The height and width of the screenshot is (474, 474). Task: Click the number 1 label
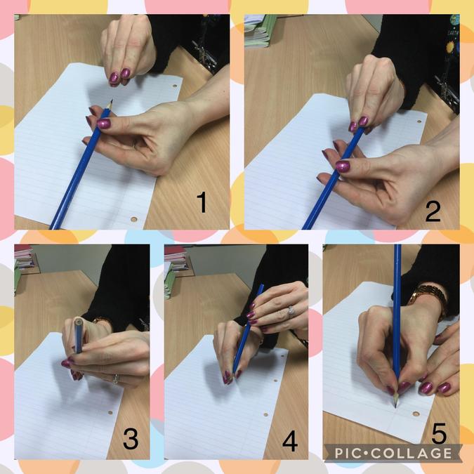pos(202,202)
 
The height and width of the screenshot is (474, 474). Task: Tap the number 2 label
pos(433,212)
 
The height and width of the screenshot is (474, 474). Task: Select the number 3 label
pos(131,439)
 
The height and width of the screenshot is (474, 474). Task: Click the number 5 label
pos(439,433)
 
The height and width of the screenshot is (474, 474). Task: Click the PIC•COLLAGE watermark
pos(393,454)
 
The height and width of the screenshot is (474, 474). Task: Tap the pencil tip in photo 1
pos(112,100)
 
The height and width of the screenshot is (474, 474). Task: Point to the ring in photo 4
pos(291,310)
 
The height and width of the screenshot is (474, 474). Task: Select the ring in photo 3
pos(115,378)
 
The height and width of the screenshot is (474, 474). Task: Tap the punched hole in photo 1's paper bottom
pos(133,219)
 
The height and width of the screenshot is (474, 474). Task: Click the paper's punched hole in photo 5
pos(416,413)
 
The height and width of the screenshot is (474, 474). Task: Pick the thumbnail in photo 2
pos(343,166)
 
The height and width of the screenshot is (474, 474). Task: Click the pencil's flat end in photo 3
pos(78,321)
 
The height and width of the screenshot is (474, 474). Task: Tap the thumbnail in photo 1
pos(104,124)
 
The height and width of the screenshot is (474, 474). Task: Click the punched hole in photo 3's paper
pos(110,412)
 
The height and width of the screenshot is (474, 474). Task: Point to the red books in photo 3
pos(24,256)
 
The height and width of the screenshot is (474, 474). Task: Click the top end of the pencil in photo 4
pos(261,285)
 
